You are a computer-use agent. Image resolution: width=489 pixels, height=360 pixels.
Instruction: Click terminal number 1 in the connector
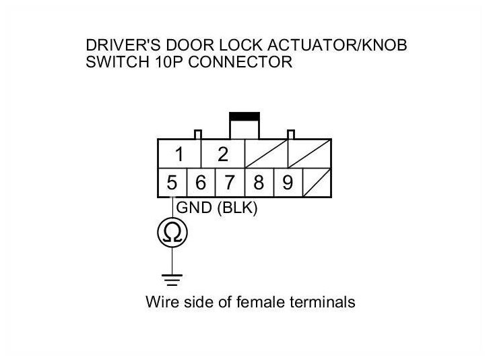point(179,155)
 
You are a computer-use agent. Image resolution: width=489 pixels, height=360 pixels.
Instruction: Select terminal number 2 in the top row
point(223,155)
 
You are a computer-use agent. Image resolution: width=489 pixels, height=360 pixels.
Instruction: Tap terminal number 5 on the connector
point(172,183)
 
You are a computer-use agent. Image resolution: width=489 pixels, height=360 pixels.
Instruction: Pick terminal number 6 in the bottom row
point(201,183)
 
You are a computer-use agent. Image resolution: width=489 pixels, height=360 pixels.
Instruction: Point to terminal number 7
point(230,183)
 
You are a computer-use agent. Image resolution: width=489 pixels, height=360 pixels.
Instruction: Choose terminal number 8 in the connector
point(259,183)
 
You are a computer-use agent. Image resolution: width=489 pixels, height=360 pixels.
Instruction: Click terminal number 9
point(287,183)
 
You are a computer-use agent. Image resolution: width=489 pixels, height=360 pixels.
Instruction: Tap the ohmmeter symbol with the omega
point(172,233)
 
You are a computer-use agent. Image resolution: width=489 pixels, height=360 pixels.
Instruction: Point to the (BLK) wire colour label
point(237,209)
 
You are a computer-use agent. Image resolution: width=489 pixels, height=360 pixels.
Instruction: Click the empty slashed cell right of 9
point(316,183)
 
